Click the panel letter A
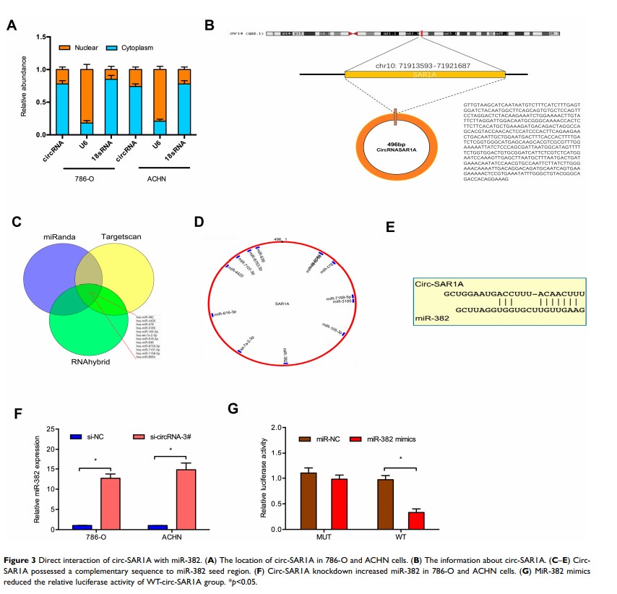click(11, 26)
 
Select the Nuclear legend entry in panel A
click(109, 48)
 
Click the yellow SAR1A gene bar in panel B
click(425, 74)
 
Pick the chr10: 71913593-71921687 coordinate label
click(424, 65)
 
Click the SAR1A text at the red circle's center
click(282, 304)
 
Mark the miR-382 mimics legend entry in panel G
click(387, 440)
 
